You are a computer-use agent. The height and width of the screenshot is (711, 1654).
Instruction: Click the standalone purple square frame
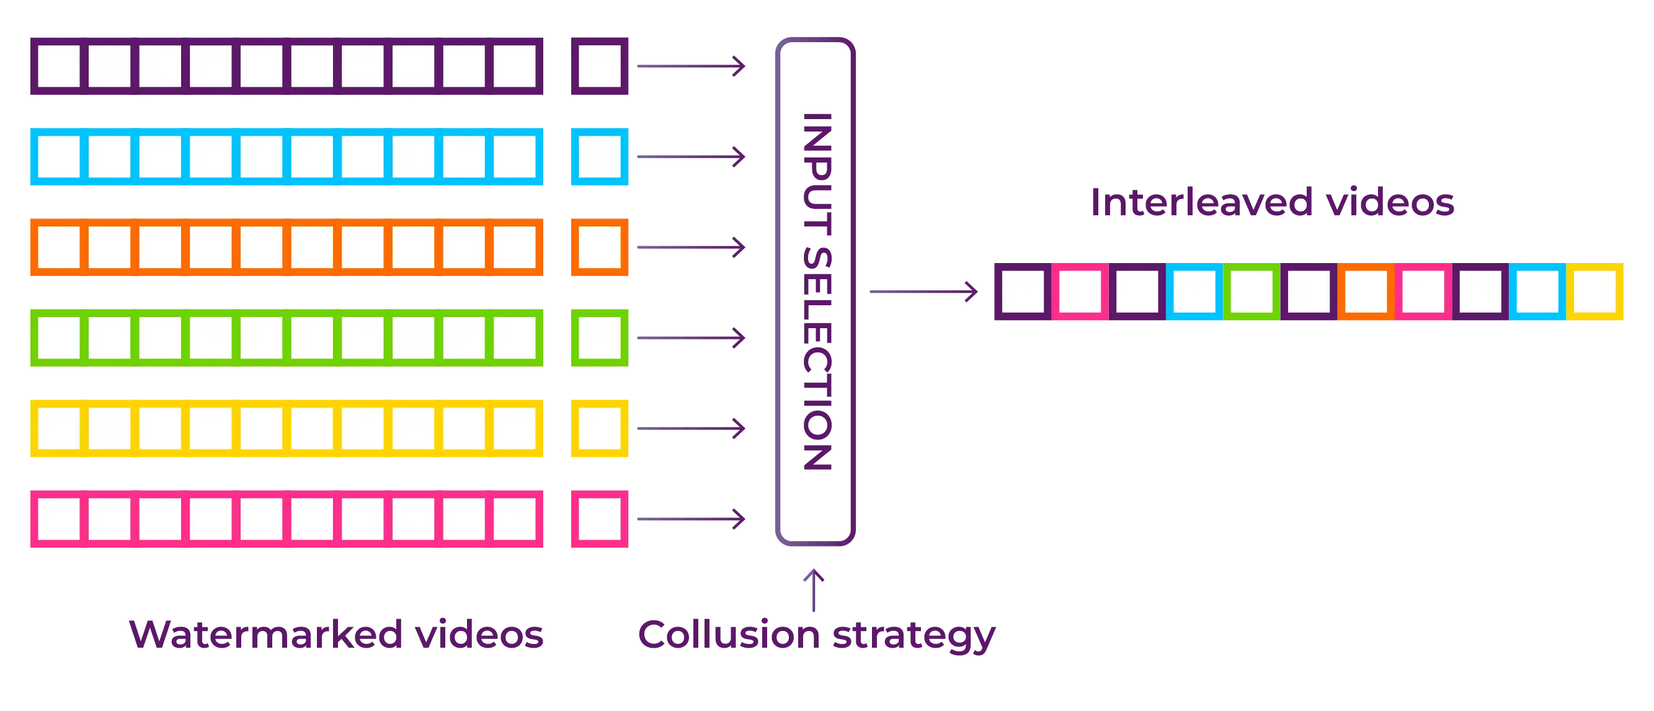[x=600, y=66]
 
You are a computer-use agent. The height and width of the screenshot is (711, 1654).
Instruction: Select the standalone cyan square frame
[x=600, y=157]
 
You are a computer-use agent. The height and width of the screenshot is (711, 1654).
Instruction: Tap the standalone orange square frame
[x=600, y=248]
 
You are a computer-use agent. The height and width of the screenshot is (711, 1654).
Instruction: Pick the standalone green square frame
[x=600, y=338]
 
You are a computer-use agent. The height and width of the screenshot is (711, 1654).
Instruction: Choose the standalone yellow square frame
[x=600, y=428]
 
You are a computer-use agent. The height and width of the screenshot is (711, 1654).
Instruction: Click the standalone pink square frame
[x=600, y=519]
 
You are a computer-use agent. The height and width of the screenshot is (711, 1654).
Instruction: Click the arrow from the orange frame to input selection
[x=690, y=248]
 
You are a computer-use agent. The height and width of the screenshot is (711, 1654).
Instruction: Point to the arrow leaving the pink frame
[x=690, y=519]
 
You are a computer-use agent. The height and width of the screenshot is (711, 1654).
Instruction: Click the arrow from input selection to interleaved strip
[x=923, y=292]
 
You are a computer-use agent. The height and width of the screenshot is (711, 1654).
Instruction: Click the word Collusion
[x=729, y=635]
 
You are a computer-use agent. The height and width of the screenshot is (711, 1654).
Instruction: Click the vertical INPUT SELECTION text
[x=817, y=292]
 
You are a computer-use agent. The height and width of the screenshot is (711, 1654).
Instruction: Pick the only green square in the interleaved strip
[x=1252, y=292]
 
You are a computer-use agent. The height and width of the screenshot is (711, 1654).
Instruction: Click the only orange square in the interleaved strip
[x=1366, y=292]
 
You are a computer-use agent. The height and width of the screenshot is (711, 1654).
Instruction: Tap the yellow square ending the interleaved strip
[x=1595, y=292]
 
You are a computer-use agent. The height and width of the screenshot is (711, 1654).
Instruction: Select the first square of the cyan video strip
[x=58, y=157]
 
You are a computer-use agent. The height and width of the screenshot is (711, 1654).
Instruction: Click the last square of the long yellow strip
[x=515, y=428]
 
